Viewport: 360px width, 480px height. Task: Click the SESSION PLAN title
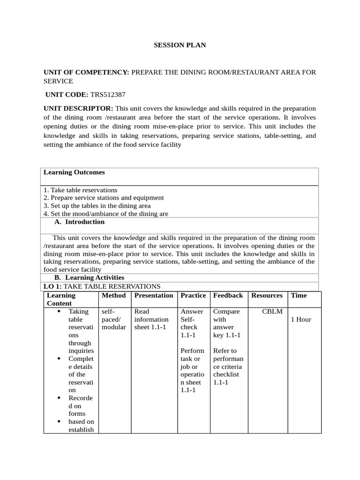[x=180, y=45]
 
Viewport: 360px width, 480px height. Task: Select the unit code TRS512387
[x=108, y=95]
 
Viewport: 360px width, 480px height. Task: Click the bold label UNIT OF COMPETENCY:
[x=86, y=72]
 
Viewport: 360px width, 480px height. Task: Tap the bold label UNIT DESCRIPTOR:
[x=78, y=109]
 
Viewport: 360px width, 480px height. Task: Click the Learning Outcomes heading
[x=74, y=172]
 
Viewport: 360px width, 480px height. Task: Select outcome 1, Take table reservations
[x=80, y=190]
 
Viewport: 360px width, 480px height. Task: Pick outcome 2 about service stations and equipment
[x=104, y=198]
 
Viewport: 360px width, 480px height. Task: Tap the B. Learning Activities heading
[x=89, y=278]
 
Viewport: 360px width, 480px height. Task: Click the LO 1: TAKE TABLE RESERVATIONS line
[x=102, y=286]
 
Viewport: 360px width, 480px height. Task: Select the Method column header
[x=113, y=295]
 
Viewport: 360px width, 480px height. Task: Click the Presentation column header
[x=154, y=295]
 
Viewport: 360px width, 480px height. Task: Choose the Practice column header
[x=193, y=295]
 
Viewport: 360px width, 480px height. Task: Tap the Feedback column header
[x=228, y=295]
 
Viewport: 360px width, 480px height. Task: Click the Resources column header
[x=267, y=295]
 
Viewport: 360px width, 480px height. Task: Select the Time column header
[x=299, y=295]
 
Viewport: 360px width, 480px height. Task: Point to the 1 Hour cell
[x=301, y=320]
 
